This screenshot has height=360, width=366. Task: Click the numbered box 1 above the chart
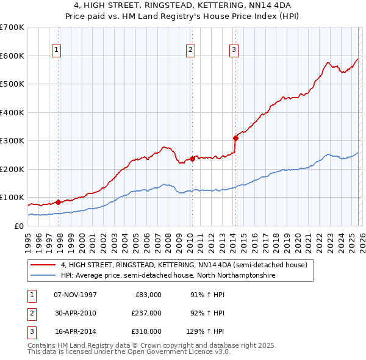(56, 50)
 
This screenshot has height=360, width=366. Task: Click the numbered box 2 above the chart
(190, 50)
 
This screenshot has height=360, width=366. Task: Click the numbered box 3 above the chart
(234, 50)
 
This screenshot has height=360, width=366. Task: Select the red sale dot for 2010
(192, 159)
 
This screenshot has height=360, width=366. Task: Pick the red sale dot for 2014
(235, 138)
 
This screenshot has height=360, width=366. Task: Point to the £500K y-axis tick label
(12, 84)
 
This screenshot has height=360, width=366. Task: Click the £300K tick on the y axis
(12, 141)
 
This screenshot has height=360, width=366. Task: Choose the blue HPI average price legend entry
(168, 276)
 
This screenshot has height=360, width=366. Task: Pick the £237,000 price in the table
(146, 313)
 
